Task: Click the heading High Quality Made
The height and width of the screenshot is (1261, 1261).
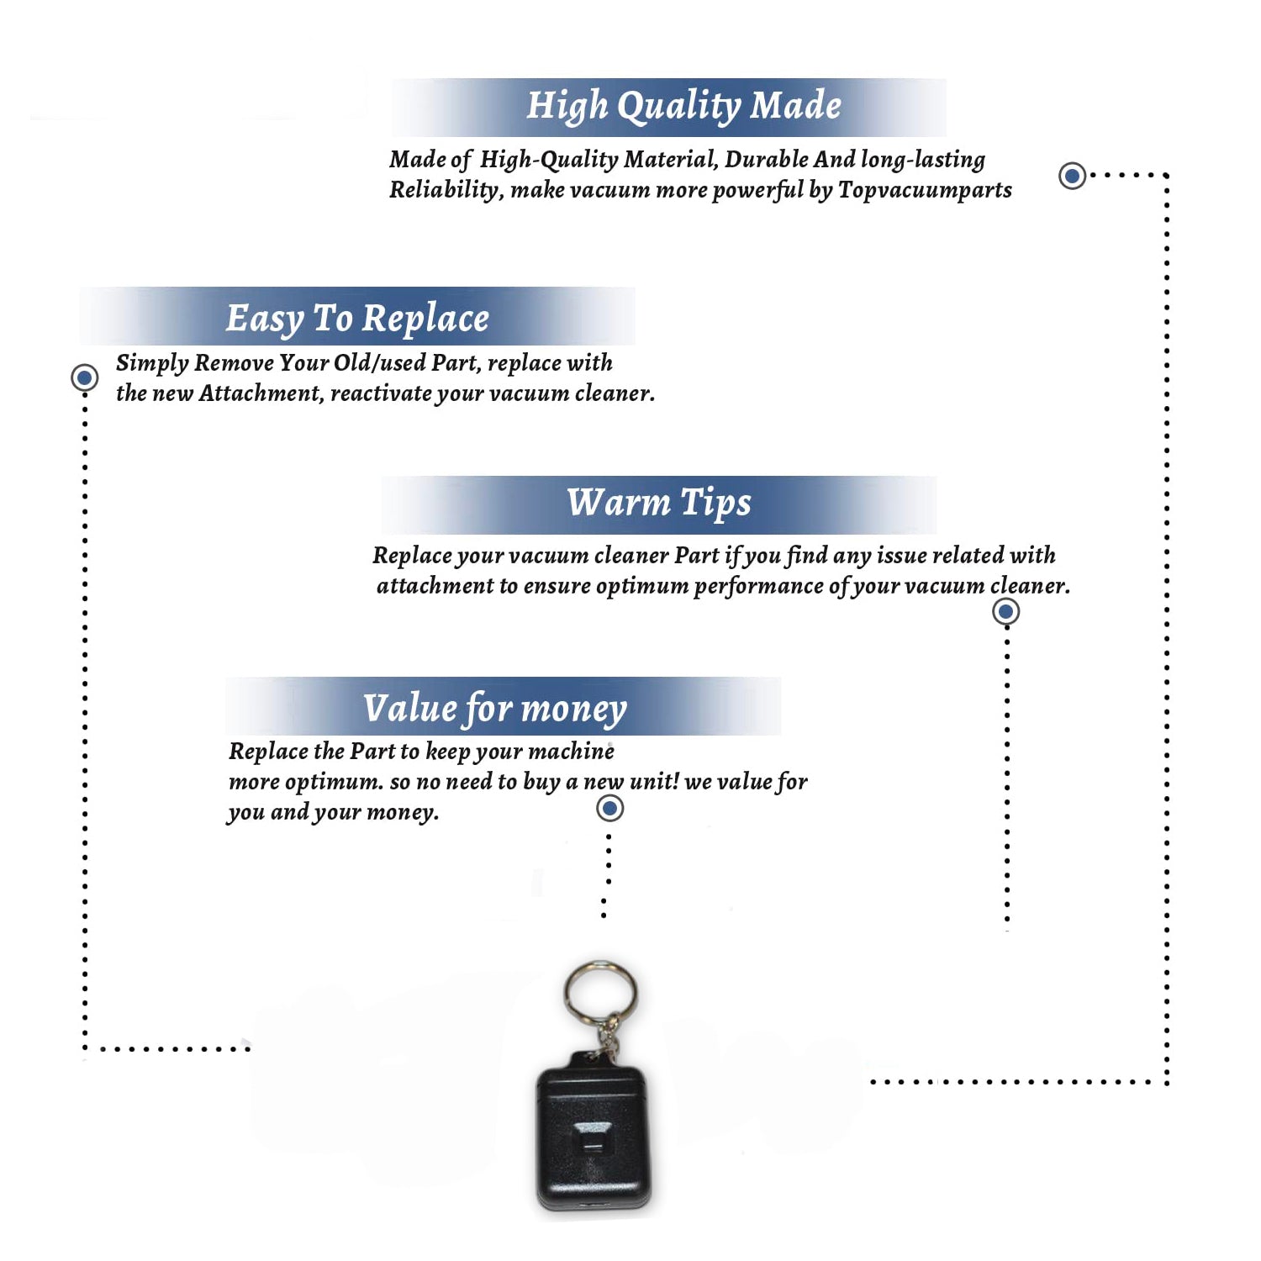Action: [683, 107]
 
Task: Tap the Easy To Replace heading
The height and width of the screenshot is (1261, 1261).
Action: [357, 319]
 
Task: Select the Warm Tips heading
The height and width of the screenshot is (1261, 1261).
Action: [659, 504]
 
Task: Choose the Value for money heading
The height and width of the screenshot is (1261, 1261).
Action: [495, 709]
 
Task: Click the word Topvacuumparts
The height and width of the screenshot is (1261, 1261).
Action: [925, 190]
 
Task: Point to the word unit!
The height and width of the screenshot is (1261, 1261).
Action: [654, 781]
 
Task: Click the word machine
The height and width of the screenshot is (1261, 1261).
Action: [572, 751]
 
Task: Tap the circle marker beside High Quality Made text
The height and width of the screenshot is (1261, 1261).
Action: [1072, 176]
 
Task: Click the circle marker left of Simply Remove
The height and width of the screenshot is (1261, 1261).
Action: [85, 377]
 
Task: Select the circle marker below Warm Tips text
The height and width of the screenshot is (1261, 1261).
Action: [1006, 611]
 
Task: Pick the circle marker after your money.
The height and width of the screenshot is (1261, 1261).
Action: [609, 809]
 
